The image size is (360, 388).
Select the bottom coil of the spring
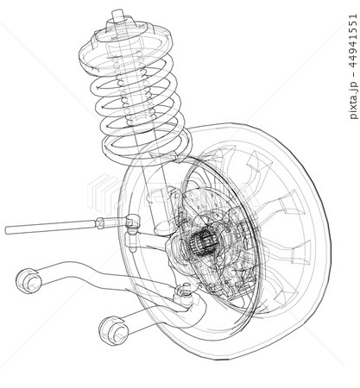[147, 144]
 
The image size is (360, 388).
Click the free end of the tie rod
[7, 230]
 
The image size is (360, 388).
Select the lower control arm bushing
[113, 330]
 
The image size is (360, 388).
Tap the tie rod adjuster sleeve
[100, 223]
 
